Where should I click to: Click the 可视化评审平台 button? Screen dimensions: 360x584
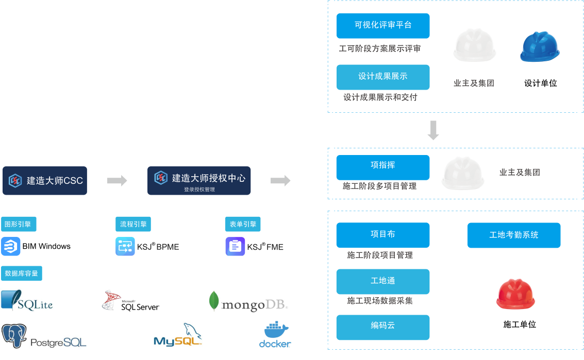coord(383,26)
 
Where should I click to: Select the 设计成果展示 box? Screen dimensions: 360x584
coord(383,77)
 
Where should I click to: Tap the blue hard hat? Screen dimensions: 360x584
coord(540,47)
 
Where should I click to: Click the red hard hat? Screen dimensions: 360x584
coord(515,294)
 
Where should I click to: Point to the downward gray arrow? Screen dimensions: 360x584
coord(433,130)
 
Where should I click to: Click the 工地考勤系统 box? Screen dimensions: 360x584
coord(514,235)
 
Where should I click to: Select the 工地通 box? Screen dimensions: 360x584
coord(383,281)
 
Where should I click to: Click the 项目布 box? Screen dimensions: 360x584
coord(383,235)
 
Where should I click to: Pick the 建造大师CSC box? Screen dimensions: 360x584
coord(45,181)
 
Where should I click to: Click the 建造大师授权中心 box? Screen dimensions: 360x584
coord(199,180)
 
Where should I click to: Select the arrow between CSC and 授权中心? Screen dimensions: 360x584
coord(117,180)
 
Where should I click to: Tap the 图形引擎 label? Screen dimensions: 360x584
coord(19,224)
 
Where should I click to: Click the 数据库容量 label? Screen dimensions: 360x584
coord(22,273)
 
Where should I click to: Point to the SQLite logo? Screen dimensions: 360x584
coord(27,300)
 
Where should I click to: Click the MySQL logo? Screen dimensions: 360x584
coord(178,334)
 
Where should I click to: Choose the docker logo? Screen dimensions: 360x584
coord(275,334)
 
